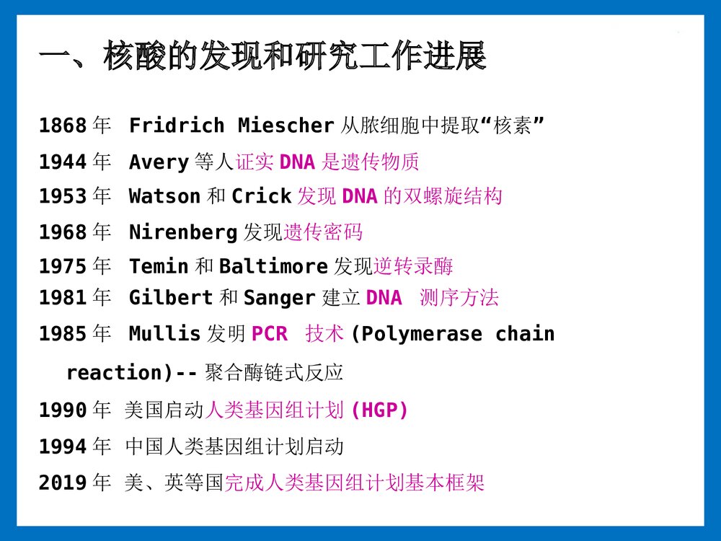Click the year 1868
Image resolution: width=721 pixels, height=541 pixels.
[x=63, y=126]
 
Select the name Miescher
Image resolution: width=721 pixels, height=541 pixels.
[x=286, y=126]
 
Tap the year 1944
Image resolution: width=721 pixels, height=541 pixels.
[x=63, y=162]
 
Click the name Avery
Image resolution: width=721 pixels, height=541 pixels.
[x=159, y=162]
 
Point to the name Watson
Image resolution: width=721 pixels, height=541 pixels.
[x=164, y=196]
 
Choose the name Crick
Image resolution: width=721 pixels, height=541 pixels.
[x=261, y=196]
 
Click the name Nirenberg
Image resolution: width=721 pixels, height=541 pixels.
[x=183, y=232]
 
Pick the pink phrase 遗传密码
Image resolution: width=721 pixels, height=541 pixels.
[x=323, y=232]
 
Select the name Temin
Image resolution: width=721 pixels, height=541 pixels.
[x=159, y=267]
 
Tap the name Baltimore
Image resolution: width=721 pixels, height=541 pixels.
[x=273, y=267]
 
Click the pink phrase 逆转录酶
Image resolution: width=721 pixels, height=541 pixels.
[x=413, y=267]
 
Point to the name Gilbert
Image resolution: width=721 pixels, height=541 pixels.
[x=171, y=298]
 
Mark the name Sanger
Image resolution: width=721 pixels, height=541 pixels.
[x=280, y=298]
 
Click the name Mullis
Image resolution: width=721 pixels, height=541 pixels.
[x=164, y=334]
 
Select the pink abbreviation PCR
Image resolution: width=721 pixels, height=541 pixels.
[x=269, y=334]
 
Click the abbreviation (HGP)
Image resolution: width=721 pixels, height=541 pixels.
[x=379, y=410]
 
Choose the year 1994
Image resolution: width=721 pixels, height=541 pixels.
[x=63, y=447]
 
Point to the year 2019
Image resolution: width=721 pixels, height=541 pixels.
[x=63, y=483]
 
